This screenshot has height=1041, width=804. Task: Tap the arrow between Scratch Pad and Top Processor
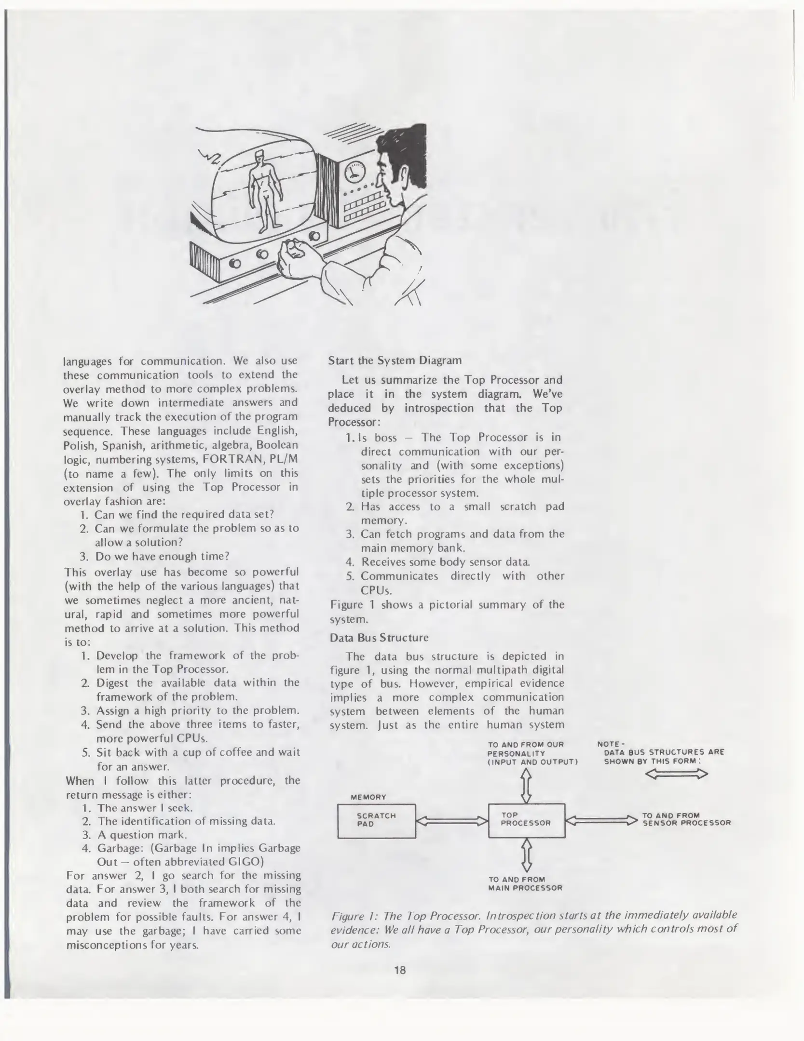pos(451,820)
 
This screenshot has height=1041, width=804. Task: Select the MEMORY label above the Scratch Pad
pos(368,797)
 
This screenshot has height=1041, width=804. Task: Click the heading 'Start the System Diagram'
pos(395,360)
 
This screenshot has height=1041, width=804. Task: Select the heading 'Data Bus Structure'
pos(379,638)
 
